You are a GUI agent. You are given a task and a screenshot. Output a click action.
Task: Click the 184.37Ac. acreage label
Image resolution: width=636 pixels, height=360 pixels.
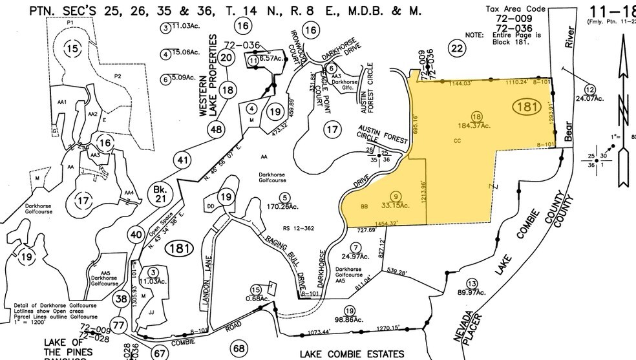(477, 125)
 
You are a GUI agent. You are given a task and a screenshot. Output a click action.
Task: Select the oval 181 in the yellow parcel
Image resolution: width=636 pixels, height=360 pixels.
(525, 107)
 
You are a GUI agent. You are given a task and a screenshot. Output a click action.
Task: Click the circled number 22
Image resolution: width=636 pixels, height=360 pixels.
(457, 48)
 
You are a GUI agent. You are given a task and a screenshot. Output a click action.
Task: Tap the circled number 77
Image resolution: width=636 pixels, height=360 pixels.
(117, 325)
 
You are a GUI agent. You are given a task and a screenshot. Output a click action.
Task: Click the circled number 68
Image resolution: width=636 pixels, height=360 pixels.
(239, 348)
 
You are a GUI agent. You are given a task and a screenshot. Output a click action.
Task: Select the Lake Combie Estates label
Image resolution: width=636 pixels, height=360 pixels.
(352, 354)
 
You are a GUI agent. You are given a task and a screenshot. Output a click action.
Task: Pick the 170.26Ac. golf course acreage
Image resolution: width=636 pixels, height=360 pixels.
(282, 207)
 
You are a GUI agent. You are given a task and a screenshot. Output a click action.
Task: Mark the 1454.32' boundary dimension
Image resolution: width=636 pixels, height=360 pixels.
(394, 223)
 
